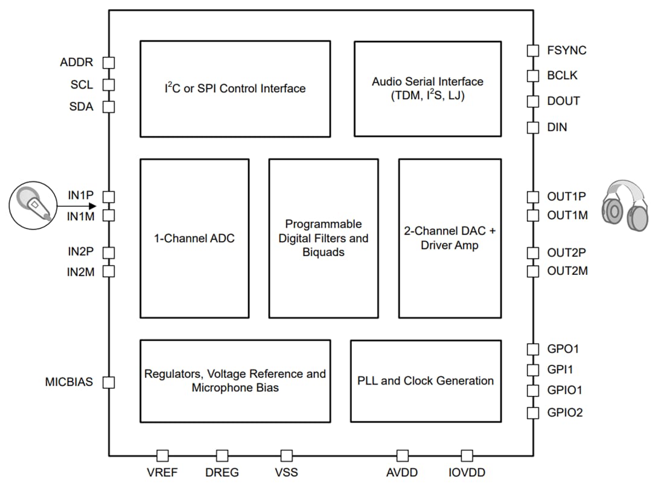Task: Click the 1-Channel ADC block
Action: (x=194, y=238)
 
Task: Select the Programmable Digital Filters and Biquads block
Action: (x=323, y=238)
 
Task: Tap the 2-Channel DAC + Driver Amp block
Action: (x=450, y=238)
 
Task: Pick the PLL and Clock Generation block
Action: (x=426, y=381)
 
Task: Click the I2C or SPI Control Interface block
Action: (x=235, y=89)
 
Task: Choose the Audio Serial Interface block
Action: (x=427, y=89)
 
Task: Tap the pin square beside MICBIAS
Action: (x=109, y=382)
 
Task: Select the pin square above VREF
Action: (x=162, y=456)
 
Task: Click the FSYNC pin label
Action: (x=566, y=51)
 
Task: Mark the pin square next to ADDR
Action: (x=109, y=63)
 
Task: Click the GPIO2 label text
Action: (x=565, y=413)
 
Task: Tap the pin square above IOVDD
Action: (x=467, y=456)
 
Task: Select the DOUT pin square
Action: (x=532, y=101)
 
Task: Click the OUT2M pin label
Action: (x=567, y=271)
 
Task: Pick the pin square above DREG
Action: (x=222, y=456)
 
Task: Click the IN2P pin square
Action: (x=109, y=253)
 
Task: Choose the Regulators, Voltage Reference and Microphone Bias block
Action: (x=235, y=381)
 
